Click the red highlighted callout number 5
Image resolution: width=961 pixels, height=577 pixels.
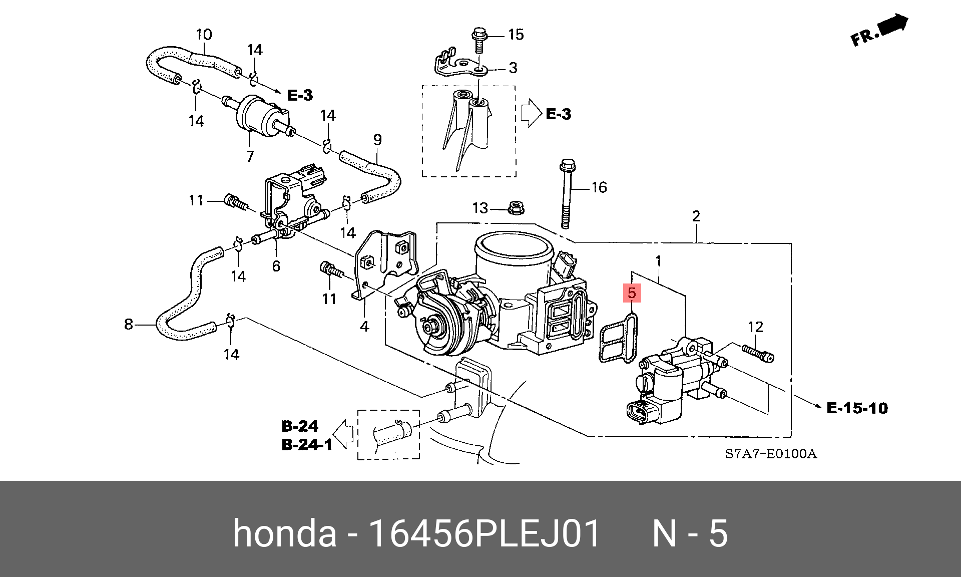point(632,293)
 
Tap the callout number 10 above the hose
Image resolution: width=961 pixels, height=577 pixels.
point(204,35)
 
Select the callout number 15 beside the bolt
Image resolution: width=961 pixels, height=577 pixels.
point(516,35)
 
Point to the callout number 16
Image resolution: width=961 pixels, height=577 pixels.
point(599,187)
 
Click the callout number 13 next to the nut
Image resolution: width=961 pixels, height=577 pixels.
point(480,208)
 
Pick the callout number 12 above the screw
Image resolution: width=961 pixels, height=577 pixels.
point(755,327)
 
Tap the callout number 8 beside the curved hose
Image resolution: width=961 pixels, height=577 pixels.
point(129,325)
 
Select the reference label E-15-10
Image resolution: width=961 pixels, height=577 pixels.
point(857,408)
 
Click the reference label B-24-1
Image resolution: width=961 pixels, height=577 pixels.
point(307,445)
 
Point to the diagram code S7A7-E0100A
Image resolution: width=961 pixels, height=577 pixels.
point(771,454)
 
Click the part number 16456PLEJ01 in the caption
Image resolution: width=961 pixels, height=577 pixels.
point(484,533)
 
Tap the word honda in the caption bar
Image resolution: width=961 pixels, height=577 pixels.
point(284,533)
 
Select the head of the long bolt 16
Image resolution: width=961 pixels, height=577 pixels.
point(568,165)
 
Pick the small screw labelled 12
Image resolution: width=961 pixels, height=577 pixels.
point(758,354)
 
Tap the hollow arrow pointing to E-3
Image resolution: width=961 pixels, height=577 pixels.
point(531,113)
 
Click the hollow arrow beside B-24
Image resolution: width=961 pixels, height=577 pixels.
point(343,434)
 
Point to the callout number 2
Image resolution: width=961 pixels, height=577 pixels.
point(696,216)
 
